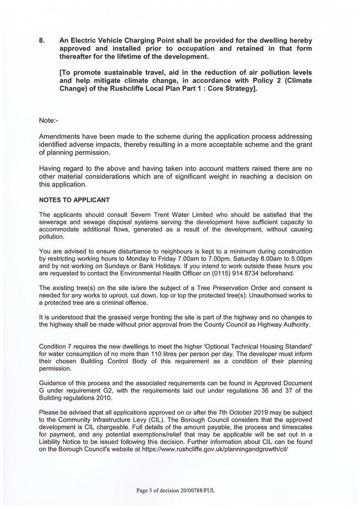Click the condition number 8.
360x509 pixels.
[41, 40]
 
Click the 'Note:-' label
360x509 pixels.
[49, 120]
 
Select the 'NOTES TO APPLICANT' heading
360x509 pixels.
[74, 200]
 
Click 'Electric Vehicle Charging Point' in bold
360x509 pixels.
[123, 40]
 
